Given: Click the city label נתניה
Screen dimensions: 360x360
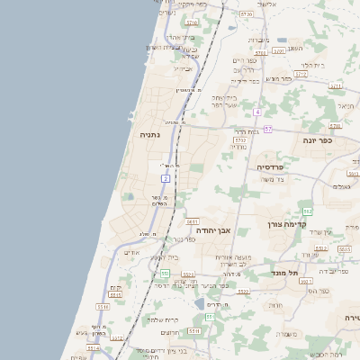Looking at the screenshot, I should (150, 135).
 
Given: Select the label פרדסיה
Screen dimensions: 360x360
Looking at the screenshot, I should (270, 167).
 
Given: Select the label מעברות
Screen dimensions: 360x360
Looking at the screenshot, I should (257, 40).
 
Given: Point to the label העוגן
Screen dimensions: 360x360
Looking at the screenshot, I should (295, 48).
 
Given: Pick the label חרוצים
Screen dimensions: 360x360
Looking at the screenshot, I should (171, 333).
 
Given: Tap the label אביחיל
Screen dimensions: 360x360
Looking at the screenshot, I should (183, 68).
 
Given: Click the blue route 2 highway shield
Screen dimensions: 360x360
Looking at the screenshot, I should (166, 179).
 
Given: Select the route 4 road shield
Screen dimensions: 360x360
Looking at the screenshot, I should (256, 112).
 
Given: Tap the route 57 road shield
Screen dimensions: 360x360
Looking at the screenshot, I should (268, 129).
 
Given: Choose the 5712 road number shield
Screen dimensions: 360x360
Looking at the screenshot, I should (240, 140).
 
